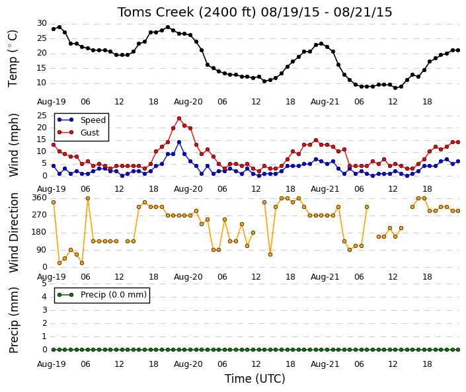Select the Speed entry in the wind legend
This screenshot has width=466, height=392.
coord(93,120)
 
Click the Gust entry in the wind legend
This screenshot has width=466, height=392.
coord(90,133)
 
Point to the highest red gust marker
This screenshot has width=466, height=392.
coord(179,118)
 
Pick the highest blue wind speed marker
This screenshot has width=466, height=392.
coord(179,142)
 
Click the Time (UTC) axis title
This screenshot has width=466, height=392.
coord(254,379)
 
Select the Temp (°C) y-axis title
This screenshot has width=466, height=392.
coord(13,58)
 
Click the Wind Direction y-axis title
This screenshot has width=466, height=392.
coord(14,233)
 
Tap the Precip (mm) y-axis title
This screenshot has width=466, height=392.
coord(14,320)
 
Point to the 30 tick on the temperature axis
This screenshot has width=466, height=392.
coord(42,23)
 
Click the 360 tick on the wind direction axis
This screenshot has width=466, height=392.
coord(40,198)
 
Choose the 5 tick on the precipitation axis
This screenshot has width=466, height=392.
coord(44,284)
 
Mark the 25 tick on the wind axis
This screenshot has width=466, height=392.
coord(42,116)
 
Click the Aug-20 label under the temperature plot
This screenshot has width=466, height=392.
coord(188,102)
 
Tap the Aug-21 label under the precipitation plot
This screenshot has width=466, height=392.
coord(325,364)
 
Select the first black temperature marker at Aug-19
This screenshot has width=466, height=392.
coord(54,29)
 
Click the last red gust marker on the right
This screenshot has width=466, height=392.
coord(458,142)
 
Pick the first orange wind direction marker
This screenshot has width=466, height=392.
coord(54,202)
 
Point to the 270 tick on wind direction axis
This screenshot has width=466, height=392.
coord(40,215)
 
